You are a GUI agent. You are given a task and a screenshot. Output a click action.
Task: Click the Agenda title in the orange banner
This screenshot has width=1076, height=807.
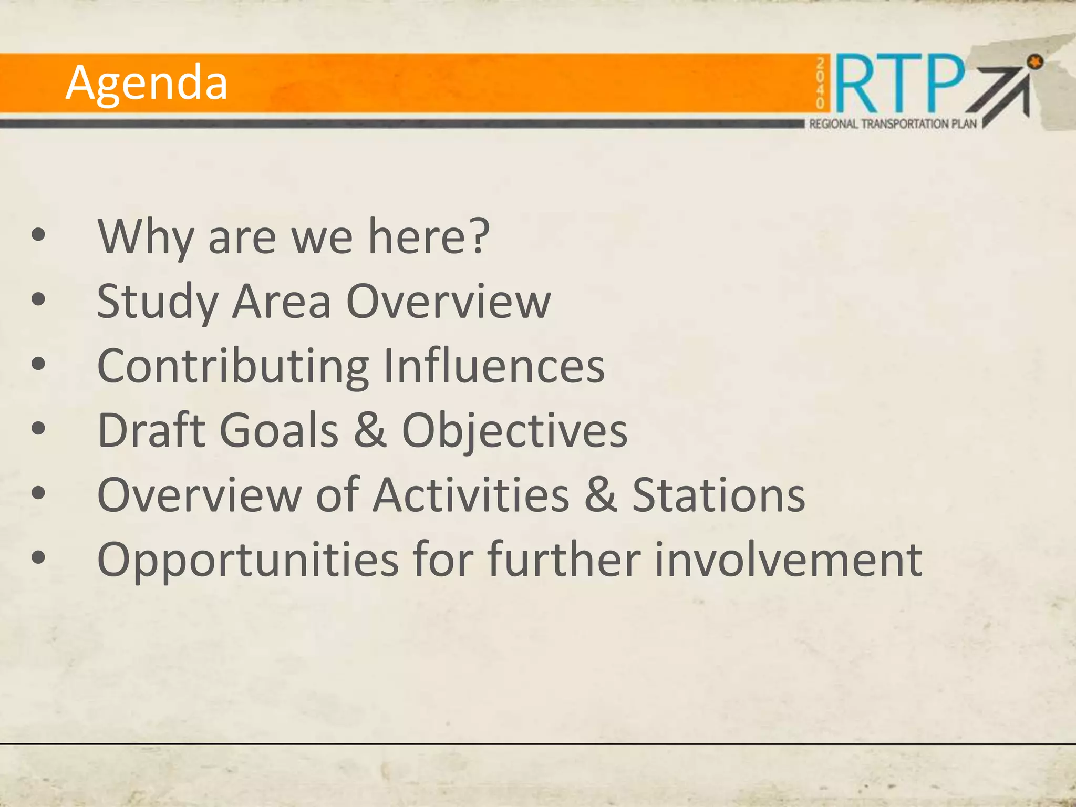147,83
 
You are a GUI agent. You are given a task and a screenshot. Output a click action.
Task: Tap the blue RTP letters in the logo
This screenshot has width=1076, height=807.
899,84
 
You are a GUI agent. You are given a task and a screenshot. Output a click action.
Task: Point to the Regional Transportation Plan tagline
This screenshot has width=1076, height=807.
893,124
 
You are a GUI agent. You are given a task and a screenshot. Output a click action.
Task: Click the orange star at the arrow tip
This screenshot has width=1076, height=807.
1034,62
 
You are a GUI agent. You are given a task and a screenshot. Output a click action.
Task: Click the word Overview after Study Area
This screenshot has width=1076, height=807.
449,302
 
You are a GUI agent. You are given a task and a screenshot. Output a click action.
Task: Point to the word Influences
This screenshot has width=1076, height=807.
494,366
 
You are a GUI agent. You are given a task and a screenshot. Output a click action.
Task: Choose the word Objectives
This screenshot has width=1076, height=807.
515,431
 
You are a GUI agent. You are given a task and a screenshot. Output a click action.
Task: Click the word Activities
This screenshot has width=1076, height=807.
471,494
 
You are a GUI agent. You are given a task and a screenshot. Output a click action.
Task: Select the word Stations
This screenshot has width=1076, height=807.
718,494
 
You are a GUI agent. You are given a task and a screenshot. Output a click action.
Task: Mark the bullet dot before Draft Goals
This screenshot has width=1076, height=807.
38,428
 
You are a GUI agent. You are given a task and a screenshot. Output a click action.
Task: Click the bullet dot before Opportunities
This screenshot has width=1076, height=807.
38,557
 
